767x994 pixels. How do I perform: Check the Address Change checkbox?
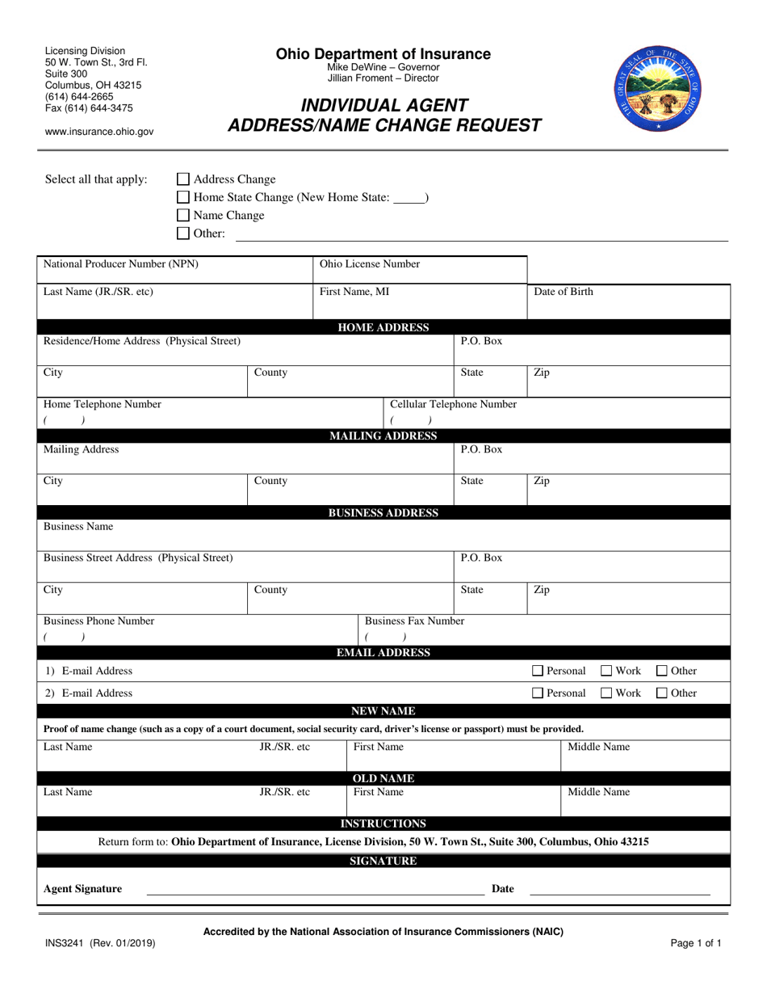click(x=183, y=179)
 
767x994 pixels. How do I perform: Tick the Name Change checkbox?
click(x=183, y=216)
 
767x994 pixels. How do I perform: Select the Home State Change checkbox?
click(x=183, y=198)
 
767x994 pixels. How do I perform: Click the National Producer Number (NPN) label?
click(x=121, y=264)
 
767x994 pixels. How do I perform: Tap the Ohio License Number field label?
click(x=370, y=264)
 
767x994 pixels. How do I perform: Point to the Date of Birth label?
click(x=564, y=293)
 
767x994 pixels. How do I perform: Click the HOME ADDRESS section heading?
click(x=383, y=327)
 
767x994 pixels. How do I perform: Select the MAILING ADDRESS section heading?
click(x=383, y=436)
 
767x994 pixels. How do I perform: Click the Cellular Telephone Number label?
click(x=454, y=404)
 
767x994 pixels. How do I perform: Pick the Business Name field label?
click(x=78, y=527)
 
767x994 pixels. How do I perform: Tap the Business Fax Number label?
click(x=415, y=621)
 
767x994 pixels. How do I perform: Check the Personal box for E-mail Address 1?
click(x=538, y=671)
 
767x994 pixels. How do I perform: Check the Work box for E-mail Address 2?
click(x=607, y=693)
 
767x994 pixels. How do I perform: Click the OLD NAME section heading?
click(x=383, y=778)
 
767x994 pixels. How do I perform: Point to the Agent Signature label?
click(x=83, y=889)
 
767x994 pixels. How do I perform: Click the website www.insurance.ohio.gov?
click(x=99, y=132)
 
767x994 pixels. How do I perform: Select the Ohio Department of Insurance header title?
click(x=383, y=54)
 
